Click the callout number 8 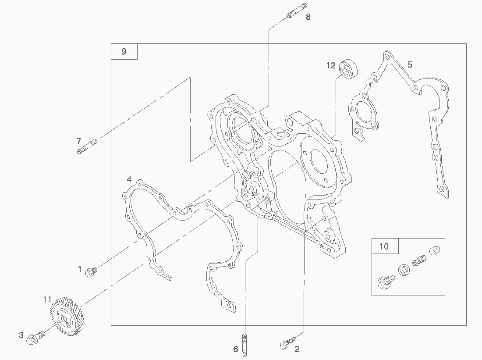308,17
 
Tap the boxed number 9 124,52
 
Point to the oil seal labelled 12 349,69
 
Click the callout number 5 410,64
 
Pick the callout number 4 129,179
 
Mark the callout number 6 236,349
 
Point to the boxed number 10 384,246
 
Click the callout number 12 331,66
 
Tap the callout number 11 47,300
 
